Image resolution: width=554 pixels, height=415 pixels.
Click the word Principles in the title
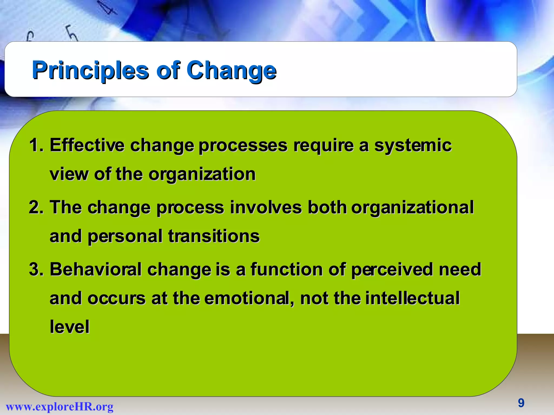(90, 70)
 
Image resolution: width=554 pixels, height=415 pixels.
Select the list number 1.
(35, 145)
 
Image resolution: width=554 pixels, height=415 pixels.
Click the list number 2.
(35, 207)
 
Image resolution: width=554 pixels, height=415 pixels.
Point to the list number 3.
(35, 270)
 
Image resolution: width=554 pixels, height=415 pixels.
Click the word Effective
(87, 145)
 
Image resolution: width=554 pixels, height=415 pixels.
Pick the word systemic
(413, 145)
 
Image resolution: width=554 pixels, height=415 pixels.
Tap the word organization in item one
(202, 174)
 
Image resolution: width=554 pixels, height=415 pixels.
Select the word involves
(266, 207)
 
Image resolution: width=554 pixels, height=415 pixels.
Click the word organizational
(412, 207)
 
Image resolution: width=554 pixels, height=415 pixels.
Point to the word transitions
(214, 236)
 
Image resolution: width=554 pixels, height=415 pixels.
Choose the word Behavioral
(96, 270)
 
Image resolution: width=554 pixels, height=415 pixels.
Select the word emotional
(249, 298)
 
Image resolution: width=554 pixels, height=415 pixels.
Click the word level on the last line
(70, 327)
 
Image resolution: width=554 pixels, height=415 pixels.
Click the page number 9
(521, 403)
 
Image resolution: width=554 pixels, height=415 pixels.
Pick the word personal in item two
(125, 236)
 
